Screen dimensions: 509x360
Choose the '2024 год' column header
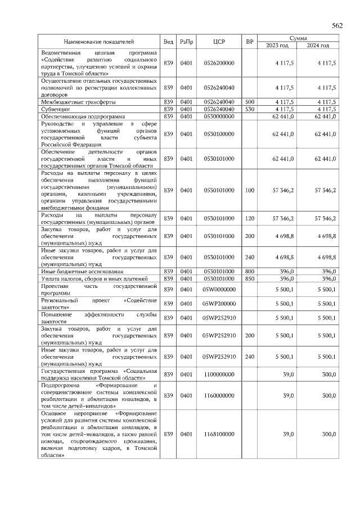(318, 45)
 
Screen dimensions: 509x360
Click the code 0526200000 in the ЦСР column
(219, 64)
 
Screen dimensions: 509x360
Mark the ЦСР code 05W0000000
(219, 289)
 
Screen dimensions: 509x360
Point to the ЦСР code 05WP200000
(219, 304)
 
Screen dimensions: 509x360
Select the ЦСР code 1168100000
(219, 435)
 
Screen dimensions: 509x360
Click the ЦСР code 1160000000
(219, 395)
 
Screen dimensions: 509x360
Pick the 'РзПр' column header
(186, 42)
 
